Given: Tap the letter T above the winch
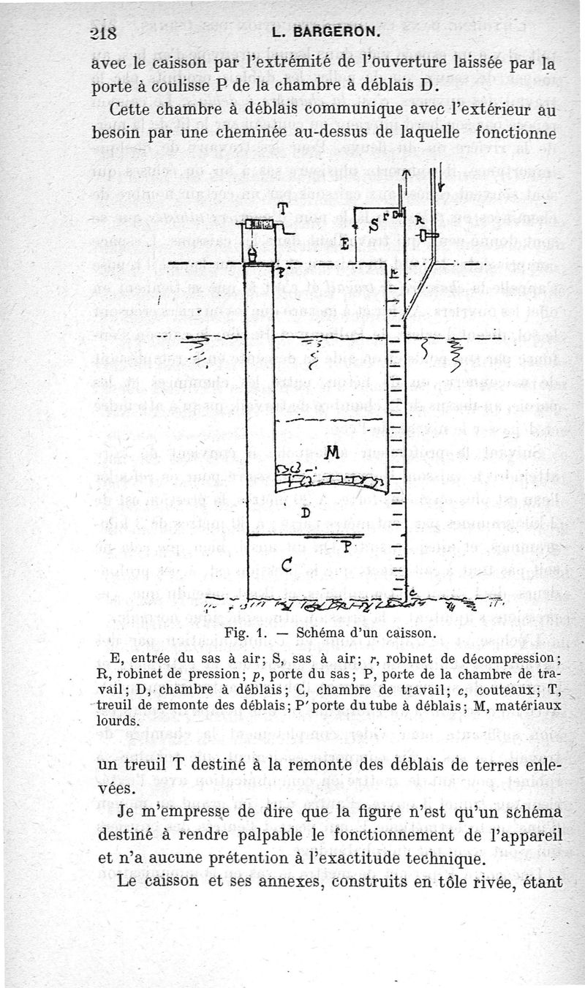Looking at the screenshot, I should [x=282, y=208].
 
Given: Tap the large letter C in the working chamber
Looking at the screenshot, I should [x=287, y=565].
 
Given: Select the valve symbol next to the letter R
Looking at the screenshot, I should [x=425, y=235].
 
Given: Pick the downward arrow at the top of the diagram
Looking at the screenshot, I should [x=441, y=186].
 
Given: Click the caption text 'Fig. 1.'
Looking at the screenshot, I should [x=242, y=632].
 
